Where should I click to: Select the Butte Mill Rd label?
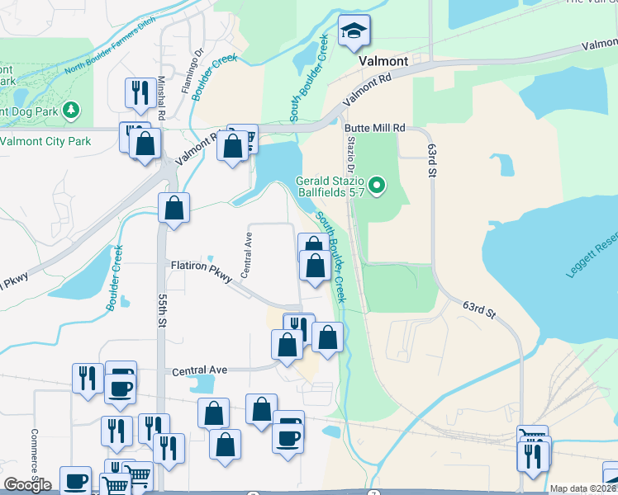tap(375, 128)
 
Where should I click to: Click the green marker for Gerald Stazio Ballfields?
tap(378, 186)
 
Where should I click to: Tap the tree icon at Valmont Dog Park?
tap(72, 110)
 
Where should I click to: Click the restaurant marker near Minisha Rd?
tap(136, 93)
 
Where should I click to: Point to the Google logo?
tap(27, 485)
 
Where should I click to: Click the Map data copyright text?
tap(583, 488)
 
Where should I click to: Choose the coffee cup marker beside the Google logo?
tap(75, 481)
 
